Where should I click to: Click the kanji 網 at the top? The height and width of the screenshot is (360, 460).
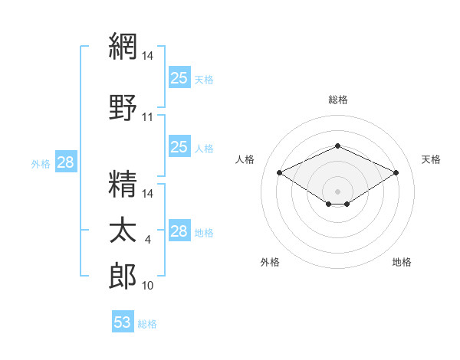point(123,46)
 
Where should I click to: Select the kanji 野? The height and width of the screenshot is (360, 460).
point(123,107)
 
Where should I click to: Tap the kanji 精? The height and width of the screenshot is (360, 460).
point(123,184)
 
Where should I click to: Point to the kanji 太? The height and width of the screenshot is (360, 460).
point(123,230)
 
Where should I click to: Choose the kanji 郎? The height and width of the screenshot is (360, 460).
point(123,276)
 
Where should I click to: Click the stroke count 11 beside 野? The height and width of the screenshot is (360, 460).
point(147,117)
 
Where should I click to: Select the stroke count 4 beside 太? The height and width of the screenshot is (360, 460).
point(147,240)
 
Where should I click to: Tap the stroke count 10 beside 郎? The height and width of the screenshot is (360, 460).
point(147,286)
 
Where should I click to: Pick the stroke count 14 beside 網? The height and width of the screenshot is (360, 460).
point(147,56)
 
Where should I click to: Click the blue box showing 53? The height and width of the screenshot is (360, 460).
point(123,321)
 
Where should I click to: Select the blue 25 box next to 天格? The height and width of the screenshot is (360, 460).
point(179,77)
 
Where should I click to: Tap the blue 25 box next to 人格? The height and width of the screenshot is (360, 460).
point(179,146)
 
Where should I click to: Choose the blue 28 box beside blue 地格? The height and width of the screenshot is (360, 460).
point(179,230)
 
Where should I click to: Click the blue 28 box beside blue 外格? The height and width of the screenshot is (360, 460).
point(66,162)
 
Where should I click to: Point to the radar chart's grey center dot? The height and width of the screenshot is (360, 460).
point(337,191)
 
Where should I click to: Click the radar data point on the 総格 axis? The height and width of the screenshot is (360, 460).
point(337,146)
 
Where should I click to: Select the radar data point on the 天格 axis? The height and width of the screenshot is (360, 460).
point(396,172)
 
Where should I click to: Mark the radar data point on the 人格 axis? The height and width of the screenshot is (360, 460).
point(280,172)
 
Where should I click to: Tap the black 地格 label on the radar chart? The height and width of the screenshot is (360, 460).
point(402,262)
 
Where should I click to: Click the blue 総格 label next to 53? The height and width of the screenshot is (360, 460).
point(147,324)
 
